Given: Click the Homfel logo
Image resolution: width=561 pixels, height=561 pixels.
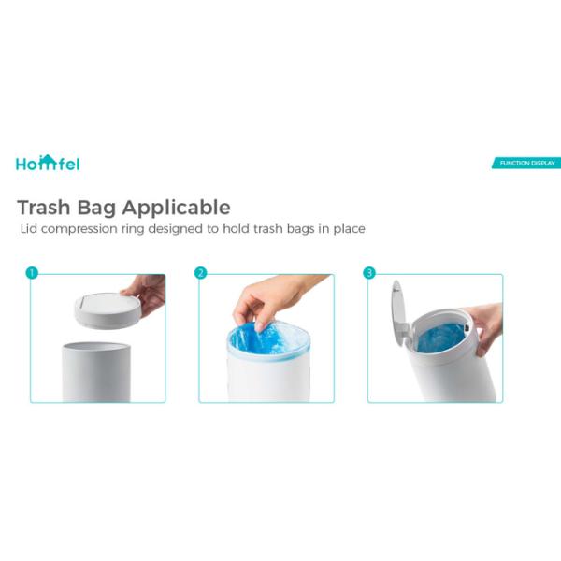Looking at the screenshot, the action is tap(48, 163).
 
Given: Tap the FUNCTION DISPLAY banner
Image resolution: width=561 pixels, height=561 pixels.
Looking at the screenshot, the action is tap(526, 163).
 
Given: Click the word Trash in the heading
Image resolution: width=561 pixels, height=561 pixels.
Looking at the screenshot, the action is tap(44, 208).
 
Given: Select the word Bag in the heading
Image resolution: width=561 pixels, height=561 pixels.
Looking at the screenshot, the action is tap(96, 208).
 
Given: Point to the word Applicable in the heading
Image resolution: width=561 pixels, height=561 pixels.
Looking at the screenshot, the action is tap(176, 208).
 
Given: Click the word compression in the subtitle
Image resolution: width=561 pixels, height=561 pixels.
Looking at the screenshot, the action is tap(79, 229).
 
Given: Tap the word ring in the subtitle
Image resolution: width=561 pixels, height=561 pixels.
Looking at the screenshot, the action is tap(133, 229).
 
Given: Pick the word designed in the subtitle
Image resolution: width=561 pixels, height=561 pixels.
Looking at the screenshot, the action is tap(176, 229).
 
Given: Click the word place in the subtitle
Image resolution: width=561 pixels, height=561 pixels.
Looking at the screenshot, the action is tap(349, 229).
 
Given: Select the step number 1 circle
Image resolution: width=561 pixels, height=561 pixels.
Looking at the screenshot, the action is tap(32, 273).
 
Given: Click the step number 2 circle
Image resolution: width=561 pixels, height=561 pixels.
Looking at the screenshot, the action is tap(200, 273).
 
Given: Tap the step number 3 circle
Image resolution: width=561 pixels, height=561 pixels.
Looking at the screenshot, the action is tap(369, 273).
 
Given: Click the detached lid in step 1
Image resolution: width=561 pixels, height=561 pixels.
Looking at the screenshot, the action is tap(108, 311).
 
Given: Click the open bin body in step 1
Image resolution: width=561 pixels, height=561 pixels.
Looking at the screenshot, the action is tap(96, 372).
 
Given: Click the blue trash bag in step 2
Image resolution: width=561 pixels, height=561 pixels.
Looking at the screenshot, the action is tap(266, 340).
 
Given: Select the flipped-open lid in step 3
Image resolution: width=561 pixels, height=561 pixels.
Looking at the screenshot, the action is tap(400, 319).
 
